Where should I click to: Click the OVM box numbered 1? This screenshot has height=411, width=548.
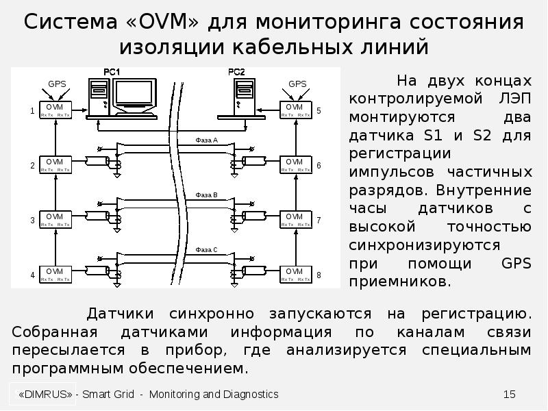click(54, 110)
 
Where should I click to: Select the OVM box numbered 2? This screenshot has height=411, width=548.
click(54, 165)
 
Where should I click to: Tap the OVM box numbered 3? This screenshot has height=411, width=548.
click(54, 220)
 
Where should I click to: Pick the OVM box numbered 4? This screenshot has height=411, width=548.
click(54, 274)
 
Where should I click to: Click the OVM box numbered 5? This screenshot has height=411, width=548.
click(295, 110)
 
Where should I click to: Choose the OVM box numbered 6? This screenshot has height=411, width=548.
click(295, 165)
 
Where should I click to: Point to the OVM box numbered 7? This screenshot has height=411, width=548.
click(295, 220)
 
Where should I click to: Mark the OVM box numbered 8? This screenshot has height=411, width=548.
click(295, 274)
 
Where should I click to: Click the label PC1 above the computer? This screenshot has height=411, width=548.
click(112, 72)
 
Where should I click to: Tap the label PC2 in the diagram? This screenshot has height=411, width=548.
click(235, 72)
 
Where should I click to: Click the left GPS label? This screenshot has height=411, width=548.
click(57, 84)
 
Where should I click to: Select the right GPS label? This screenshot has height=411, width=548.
click(297, 84)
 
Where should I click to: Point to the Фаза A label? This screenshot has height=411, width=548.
click(206, 140)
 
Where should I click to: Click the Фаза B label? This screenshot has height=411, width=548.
click(206, 195)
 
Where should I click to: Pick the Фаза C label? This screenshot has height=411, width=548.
click(206, 250)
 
